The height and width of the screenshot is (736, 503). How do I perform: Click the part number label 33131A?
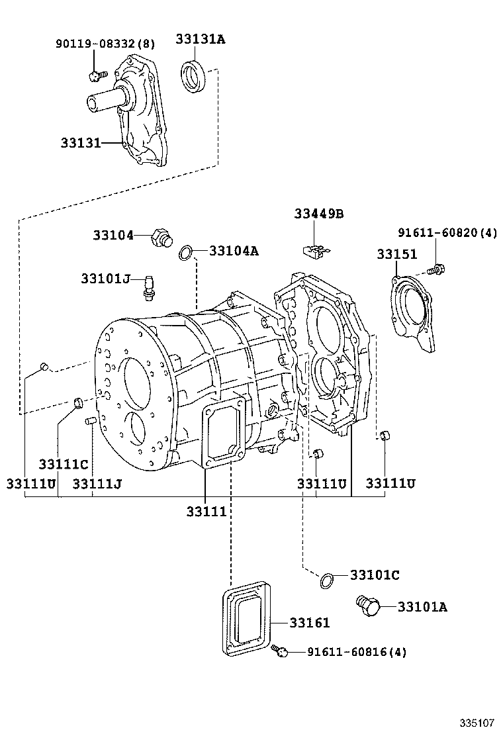pos(200,39)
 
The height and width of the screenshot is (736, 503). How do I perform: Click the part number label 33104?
pos(113,235)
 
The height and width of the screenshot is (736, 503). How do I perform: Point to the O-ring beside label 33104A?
pos(187,252)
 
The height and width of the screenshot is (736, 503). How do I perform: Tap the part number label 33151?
pos(397,255)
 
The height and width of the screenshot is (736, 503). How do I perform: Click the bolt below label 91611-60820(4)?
pos(436,269)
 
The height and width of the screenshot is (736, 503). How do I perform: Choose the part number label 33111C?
pos(64,464)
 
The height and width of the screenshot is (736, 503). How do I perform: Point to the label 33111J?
pos(97,484)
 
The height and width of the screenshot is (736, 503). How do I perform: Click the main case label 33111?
pos(206,512)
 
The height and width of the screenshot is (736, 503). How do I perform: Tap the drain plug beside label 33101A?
pos(367,606)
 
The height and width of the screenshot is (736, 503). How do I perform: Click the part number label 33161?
pos(310,623)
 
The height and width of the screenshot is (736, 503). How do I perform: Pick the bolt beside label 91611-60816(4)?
pos(281,652)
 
